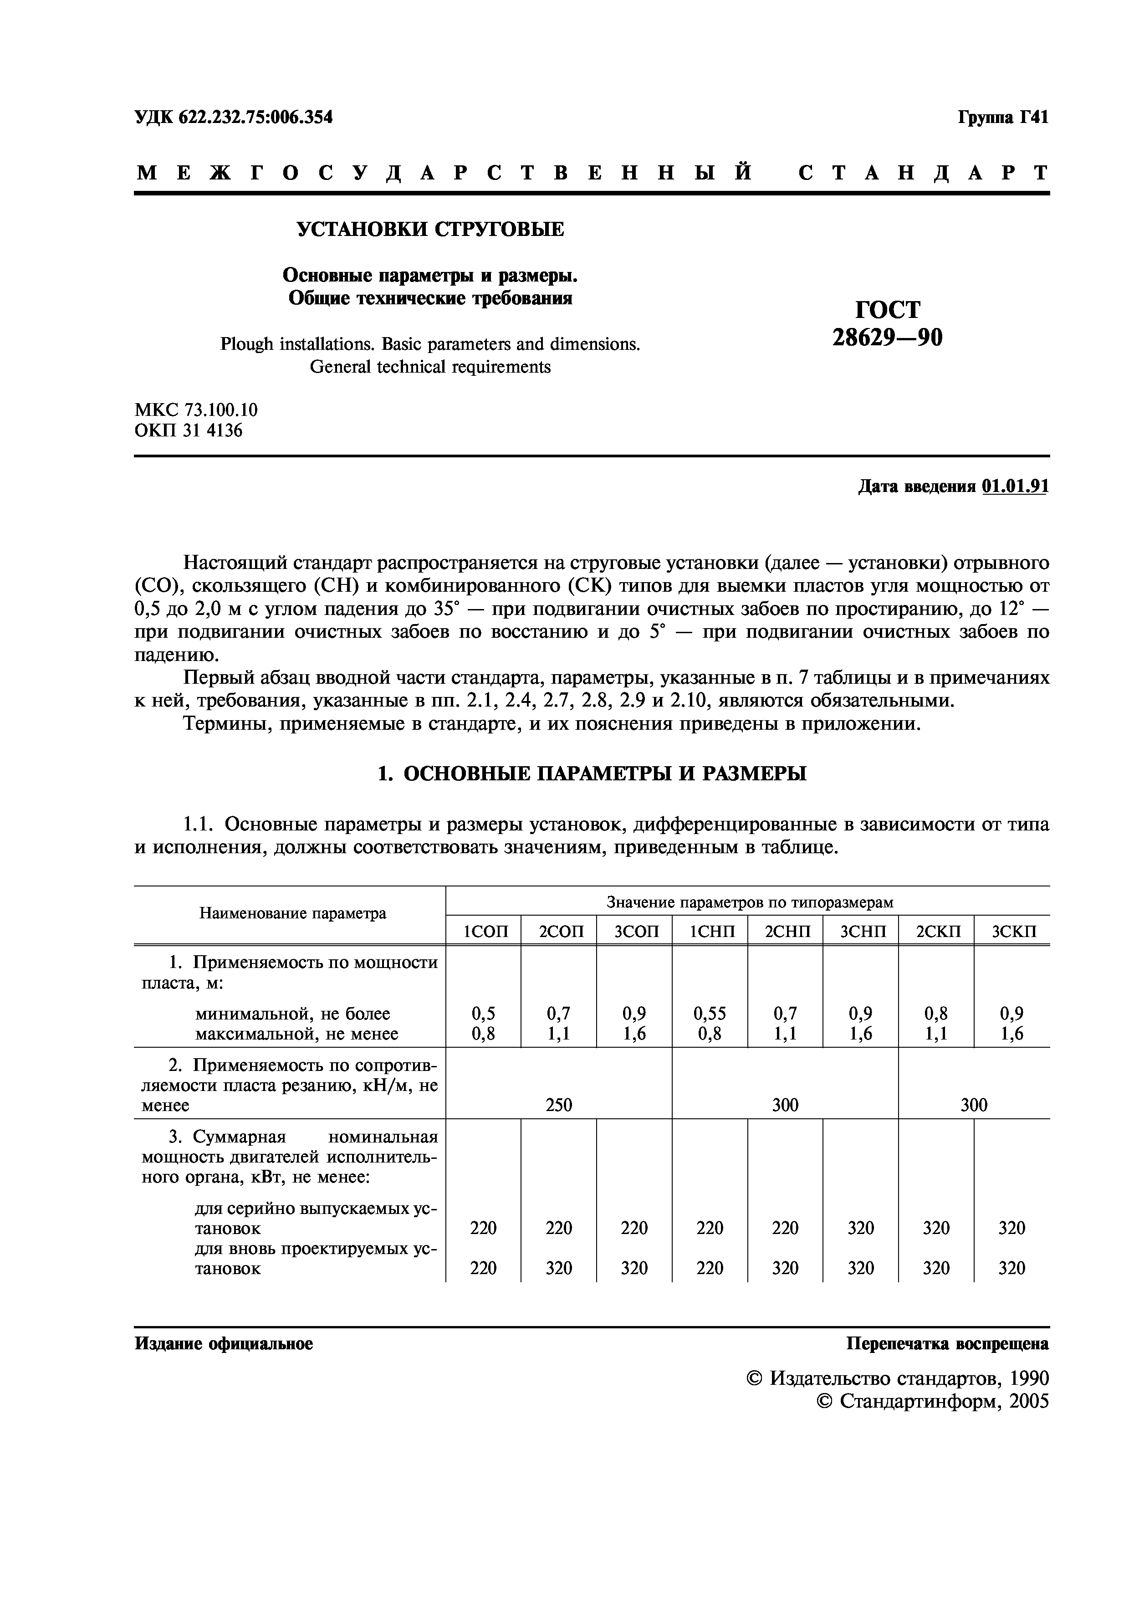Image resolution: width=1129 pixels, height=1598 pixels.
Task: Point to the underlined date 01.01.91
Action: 1015,486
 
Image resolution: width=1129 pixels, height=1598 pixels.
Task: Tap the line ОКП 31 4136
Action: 189,431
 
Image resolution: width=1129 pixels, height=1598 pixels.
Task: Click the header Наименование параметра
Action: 292,913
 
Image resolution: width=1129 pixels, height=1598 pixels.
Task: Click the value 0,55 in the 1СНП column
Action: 710,1014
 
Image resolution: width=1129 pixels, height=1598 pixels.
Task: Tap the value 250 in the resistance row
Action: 559,1105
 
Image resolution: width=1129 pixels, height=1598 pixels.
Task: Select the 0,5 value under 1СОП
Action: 484,1014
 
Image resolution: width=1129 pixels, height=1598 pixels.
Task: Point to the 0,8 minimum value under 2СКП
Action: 936,1014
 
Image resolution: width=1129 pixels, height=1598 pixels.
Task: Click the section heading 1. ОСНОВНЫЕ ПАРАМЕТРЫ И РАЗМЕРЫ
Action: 591,773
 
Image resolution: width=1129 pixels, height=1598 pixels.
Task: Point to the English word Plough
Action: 247,344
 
